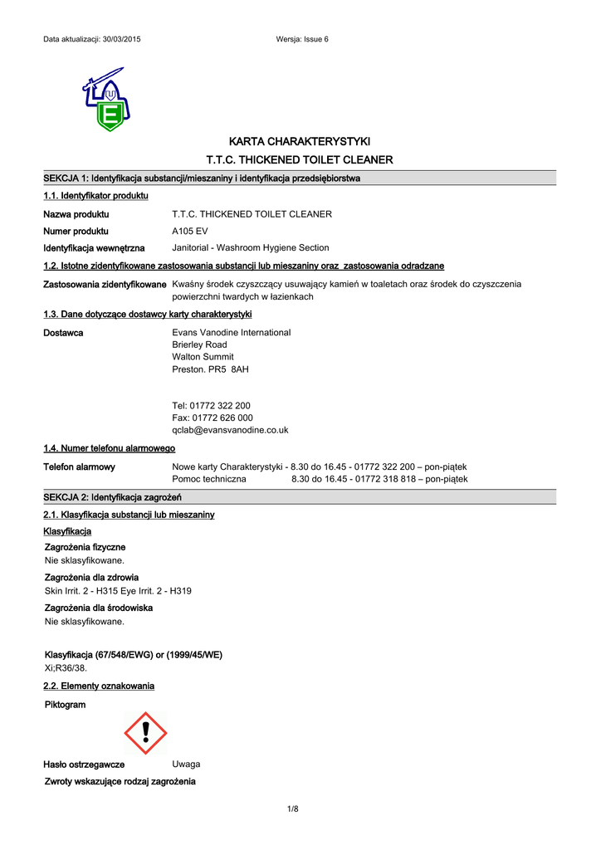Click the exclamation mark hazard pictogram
[x=145, y=732]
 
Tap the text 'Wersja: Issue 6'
[x=302, y=40]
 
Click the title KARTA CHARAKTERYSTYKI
[x=300, y=140]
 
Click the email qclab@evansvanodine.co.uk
[x=230, y=430]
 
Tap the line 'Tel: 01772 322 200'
[x=211, y=406]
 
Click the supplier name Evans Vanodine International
[x=231, y=332]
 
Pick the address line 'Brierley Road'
[x=199, y=344]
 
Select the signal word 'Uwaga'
[x=186, y=764]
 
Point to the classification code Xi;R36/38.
[x=66, y=667]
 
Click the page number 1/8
[x=292, y=809]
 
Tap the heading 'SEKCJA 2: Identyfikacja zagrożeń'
[x=113, y=496]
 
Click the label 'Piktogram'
[x=64, y=705]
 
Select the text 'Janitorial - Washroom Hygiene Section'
[x=250, y=247]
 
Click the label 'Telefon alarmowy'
[x=79, y=467]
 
